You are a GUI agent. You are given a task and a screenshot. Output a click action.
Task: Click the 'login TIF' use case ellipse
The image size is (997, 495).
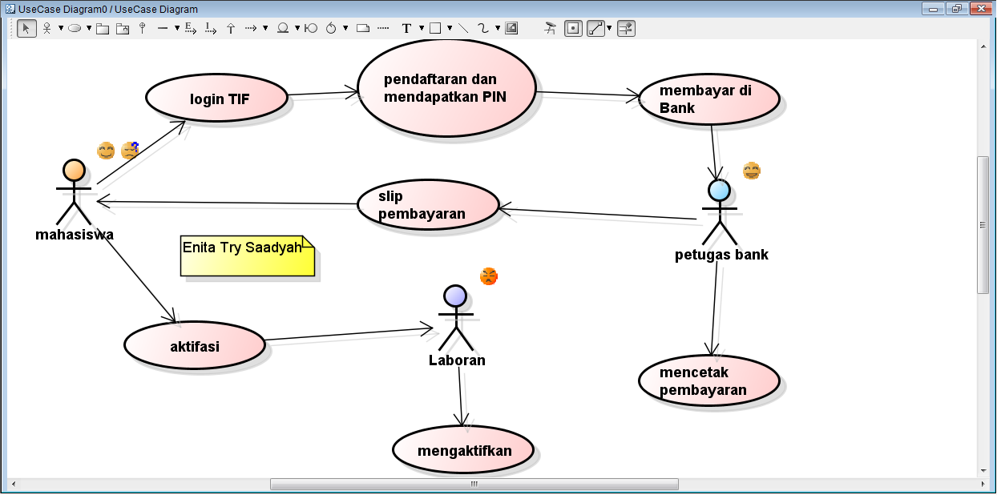pyautogui.click(x=216, y=99)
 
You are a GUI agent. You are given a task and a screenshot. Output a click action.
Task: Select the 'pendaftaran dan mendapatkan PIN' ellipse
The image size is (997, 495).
pyautogui.click(x=446, y=88)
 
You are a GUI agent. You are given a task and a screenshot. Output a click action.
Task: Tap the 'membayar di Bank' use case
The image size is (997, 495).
pyautogui.click(x=710, y=99)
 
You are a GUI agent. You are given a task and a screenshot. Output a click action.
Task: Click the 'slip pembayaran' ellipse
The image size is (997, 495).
pyautogui.click(x=428, y=205)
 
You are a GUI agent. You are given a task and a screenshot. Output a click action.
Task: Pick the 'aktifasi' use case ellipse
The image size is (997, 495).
pyautogui.click(x=195, y=346)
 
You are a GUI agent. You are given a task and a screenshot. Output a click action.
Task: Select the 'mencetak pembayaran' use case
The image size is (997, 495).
pyautogui.click(x=709, y=381)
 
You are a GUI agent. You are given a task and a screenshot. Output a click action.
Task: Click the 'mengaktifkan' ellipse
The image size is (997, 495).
pyautogui.click(x=463, y=449)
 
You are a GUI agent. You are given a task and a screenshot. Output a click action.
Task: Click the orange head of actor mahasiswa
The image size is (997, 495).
pyautogui.click(x=74, y=170)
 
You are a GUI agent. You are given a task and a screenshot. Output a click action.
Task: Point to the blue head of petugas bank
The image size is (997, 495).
pyautogui.click(x=720, y=190)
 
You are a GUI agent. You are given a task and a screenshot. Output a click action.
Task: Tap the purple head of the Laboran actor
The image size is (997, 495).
pyautogui.click(x=455, y=296)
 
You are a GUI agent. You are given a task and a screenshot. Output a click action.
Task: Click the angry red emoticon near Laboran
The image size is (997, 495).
pyautogui.click(x=489, y=276)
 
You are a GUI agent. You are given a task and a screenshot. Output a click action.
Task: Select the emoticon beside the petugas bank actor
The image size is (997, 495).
pyautogui.click(x=751, y=171)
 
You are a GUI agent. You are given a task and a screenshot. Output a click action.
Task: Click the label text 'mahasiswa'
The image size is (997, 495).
pyautogui.click(x=75, y=235)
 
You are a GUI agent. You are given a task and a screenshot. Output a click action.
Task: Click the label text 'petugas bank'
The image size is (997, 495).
pyautogui.click(x=721, y=255)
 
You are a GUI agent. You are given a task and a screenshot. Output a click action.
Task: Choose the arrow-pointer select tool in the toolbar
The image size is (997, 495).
pyautogui.click(x=26, y=28)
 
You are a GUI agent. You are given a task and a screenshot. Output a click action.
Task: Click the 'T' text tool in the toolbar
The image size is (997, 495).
pyautogui.click(x=406, y=28)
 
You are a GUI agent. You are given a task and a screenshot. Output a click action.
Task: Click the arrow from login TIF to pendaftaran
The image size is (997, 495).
pyautogui.click(x=322, y=93)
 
